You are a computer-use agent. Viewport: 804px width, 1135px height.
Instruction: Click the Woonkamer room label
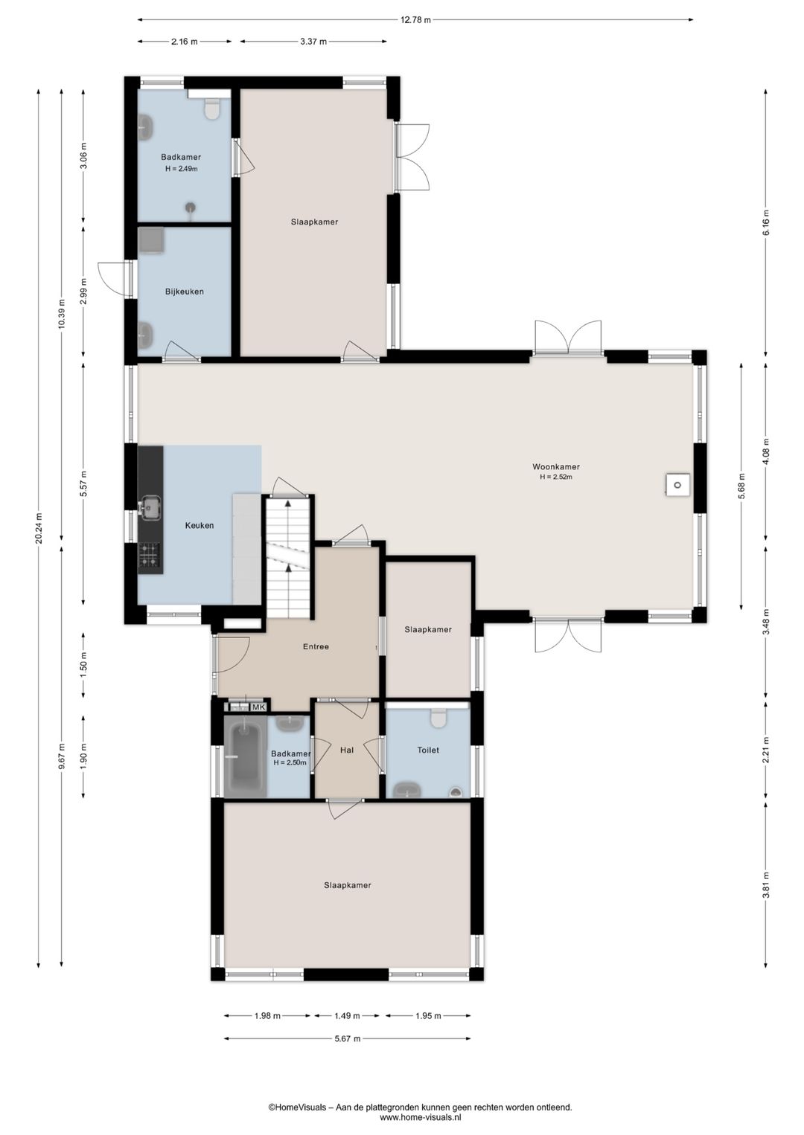(x=555, y=466)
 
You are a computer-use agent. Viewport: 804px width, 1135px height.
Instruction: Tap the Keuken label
(x=199, y=525)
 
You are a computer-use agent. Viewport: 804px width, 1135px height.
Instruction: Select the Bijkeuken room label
(x=184, y=292)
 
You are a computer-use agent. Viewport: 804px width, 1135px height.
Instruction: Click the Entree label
(x=316, y=646)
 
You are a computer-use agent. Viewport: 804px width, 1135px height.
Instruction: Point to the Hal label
(x=347, y=750)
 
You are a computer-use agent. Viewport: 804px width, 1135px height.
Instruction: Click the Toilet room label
(x=427, y=750)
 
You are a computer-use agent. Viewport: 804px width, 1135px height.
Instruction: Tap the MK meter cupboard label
(x=259, y=707)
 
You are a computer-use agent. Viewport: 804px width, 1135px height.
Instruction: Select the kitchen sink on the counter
(x=150, y=508)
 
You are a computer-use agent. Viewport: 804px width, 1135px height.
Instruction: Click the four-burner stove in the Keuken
(x=150, y=554)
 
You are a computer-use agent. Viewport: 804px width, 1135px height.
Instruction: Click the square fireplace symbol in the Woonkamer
(x=677, y=486)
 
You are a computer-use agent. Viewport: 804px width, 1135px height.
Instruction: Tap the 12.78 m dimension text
(x=415, y=20)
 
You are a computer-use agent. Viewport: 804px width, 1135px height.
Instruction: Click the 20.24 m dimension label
(x=39, y=529)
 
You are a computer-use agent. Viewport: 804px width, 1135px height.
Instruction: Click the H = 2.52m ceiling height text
(x=556, y=477)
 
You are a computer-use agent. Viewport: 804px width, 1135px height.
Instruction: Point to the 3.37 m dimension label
(x=313, y=42)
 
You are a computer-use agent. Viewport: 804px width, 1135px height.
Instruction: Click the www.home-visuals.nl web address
(x=420, y=1116)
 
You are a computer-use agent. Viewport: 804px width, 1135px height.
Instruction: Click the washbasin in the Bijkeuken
(x=146, y=335)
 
